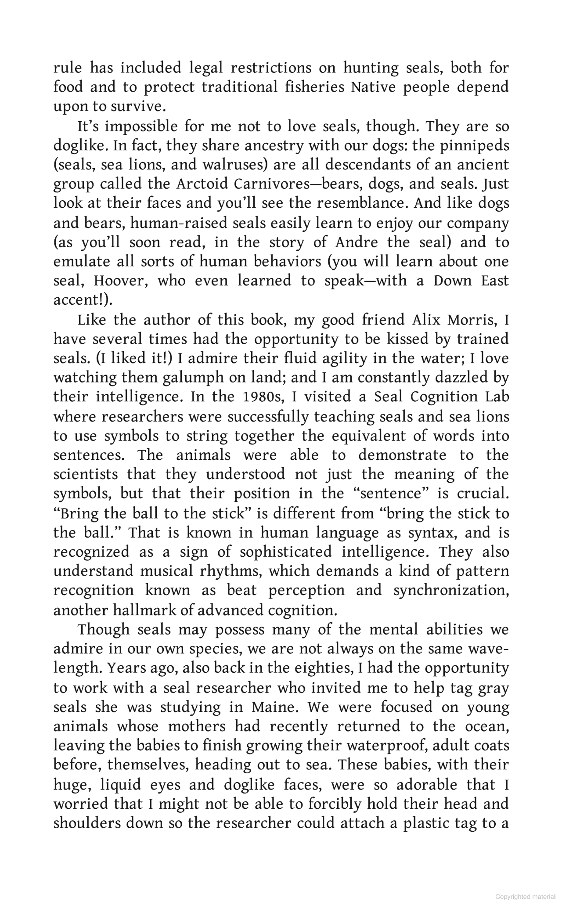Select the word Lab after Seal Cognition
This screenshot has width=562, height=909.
(497, 397)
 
